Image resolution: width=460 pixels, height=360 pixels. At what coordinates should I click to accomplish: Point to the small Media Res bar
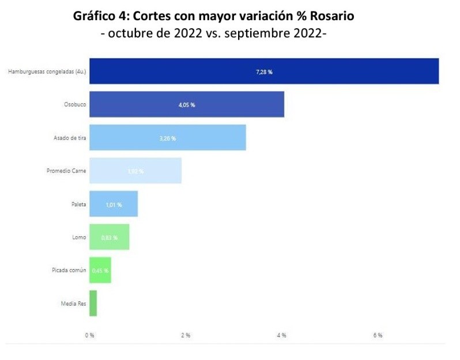click(x=93, y=303)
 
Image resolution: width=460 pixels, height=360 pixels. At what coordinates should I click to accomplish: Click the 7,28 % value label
click(x=263, y=72)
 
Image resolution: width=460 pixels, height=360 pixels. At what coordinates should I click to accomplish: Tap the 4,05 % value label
click(x=186, y=105)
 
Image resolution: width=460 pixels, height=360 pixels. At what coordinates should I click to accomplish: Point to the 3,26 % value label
click(x=167, y=138)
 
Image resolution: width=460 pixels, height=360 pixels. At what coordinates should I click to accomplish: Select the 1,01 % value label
click(x=113, y=204)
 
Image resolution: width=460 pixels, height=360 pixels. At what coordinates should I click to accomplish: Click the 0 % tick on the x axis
click(x=89, y=335)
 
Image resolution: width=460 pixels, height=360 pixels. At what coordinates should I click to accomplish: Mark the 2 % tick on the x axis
click(x=186, y=335)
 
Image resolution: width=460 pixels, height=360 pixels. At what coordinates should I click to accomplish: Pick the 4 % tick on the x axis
click(x=282, y=335)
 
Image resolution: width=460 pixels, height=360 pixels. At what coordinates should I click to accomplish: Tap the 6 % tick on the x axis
click(x=378, y=335)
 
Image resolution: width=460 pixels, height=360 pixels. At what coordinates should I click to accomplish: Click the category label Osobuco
click(x=74, y=105)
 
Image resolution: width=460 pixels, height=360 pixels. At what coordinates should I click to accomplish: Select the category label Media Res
click(x=73, y=304)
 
